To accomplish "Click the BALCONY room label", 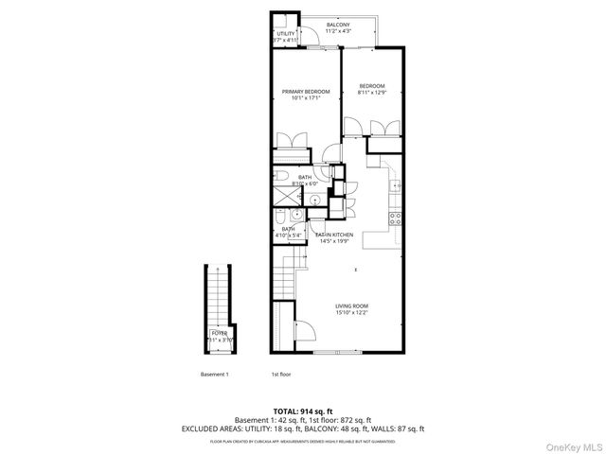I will pyautogui.click(x=337, y=25).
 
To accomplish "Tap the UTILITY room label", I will pyautogui.click(x=285, y=34).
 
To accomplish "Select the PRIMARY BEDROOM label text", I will pyautogui.click(x=305, y=92).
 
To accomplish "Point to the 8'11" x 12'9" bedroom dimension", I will pyautogui.click(x=371, y=93).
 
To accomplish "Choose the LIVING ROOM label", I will pyautogui.click(x=350, y=306).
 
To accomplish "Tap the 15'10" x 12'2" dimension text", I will pyautogui.click(x=350, y=313).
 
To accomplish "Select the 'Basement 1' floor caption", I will pyautogui.click(x=215, y=374).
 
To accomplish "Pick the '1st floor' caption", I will pyautogui.click(x=280, y=374).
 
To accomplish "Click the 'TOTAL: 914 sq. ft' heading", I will pyautogui.click(x=302, y=411).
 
